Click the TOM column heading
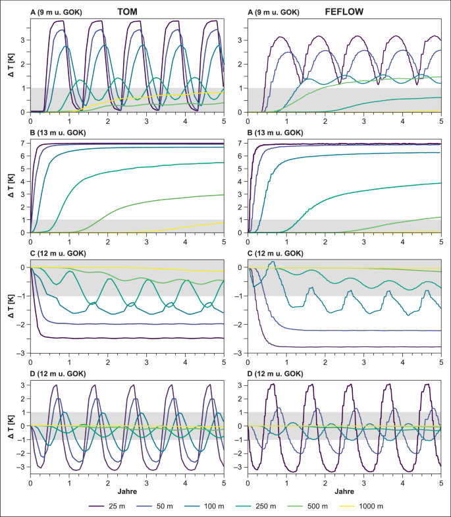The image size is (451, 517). coord(127,11)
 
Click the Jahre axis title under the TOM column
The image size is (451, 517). coord(127,491)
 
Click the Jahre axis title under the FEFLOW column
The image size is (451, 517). coord(344,491)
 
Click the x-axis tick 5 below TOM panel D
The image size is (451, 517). coord(223,481)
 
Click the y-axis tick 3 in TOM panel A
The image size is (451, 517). coord(23,40)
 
